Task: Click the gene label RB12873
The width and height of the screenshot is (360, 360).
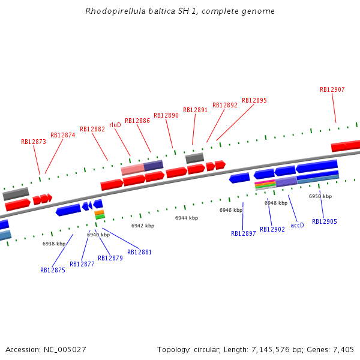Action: tap(34, 142)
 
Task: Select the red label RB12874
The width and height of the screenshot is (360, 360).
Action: tap(63, 136)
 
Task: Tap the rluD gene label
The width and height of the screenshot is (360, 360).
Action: tap(115, 125)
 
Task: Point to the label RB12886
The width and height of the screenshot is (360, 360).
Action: tap(137, 121)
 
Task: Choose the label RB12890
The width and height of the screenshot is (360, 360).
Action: tap(166, 116)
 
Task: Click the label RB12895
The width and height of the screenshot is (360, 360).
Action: tap(254, 101)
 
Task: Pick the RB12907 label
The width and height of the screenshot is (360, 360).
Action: tap(332, 90)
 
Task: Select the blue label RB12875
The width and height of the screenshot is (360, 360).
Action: tap(53, 270)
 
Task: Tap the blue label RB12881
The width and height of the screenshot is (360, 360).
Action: tap(140, 253)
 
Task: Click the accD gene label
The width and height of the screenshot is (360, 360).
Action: tap(297, 226)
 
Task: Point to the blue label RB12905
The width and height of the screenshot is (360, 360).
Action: tap(325, 222)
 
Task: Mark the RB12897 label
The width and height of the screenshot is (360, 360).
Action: tap(244, 234)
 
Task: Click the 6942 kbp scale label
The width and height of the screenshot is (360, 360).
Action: tap(143, 226)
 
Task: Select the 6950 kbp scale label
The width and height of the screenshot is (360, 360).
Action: tap(320, 197)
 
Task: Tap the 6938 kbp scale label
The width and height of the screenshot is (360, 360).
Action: tap(54, 244)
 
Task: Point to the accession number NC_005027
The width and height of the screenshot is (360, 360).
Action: tap(65, 349)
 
